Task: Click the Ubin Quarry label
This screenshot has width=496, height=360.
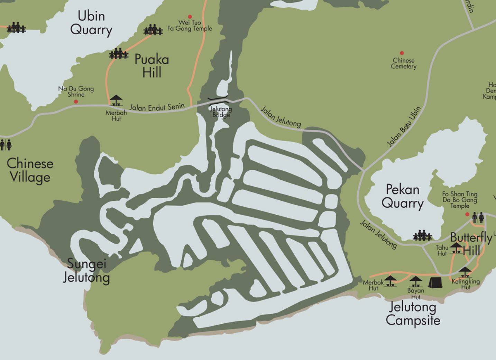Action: (x=91, y=23)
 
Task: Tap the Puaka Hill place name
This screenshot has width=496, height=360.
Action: (x=152, y=66)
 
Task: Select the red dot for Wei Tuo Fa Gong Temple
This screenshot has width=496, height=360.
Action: (x=190, y=17)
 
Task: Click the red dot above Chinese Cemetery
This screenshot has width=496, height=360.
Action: (x=402, y=53)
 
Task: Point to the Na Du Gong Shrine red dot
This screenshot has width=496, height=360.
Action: (x=76, y=101)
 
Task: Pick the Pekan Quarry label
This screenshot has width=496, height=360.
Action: (x=403, y=196)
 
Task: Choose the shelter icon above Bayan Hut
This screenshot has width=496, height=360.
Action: (x=415, y=281)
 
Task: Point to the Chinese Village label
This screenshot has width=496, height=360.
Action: (x=30, y=170)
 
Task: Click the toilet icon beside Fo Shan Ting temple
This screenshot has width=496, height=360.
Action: (x=478, y=217)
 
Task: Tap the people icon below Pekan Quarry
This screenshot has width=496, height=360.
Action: (x=422, y=235)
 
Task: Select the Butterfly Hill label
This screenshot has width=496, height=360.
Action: (x=471, y=243)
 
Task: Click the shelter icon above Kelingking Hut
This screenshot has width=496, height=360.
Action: (x=465, y=272)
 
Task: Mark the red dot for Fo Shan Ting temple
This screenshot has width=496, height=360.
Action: (x=467, y=214)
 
